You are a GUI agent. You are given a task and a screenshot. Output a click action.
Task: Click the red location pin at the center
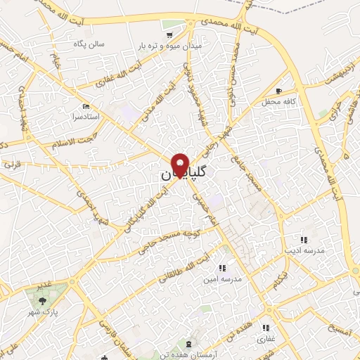(181, 165)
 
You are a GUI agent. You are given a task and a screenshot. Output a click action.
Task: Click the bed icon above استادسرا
(86, 105)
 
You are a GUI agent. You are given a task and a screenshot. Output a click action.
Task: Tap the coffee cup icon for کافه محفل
(280, 91)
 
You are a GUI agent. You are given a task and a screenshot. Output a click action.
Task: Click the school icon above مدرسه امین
(223, 268)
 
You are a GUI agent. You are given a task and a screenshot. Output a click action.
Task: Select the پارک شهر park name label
(46, 310)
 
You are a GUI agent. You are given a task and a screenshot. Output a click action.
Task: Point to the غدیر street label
(44, 284)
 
